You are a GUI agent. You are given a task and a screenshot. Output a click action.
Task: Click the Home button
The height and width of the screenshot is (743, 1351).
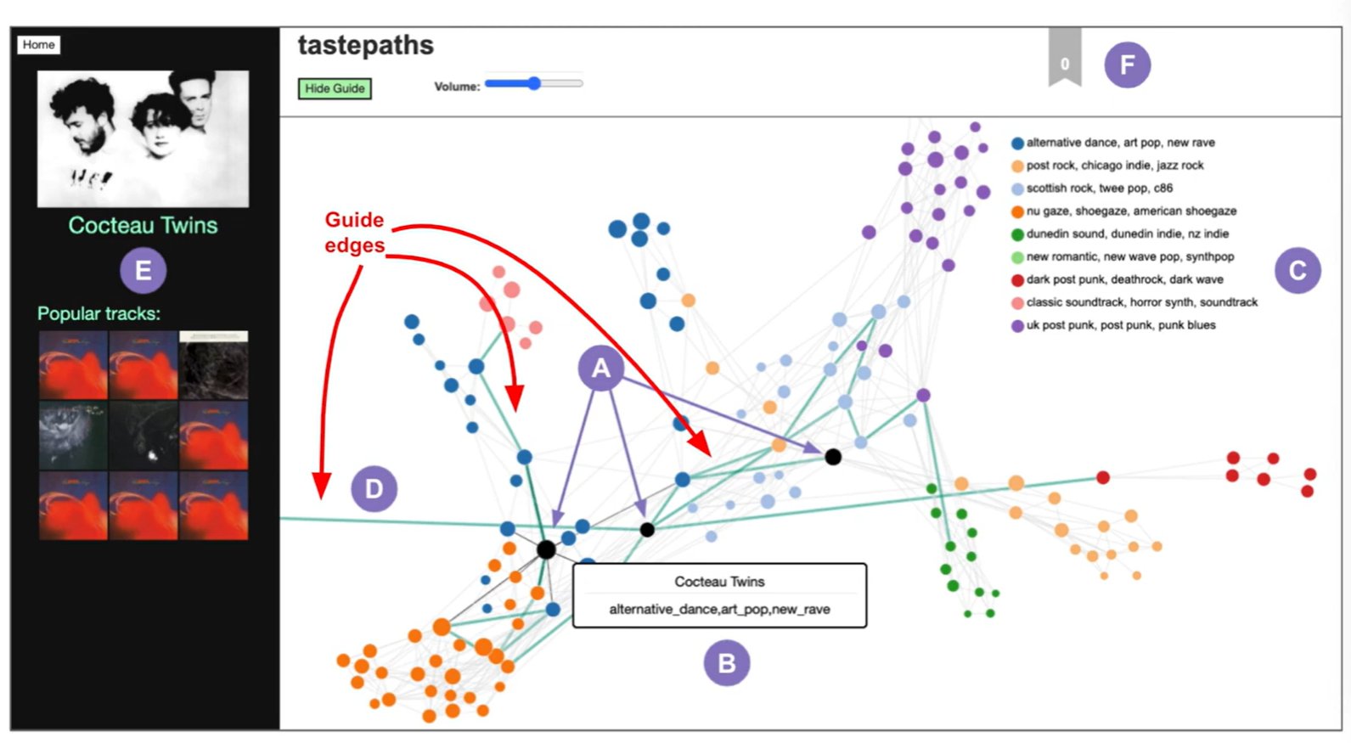38,45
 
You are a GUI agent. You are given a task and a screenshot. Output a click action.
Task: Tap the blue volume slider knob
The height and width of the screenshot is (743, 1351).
533,83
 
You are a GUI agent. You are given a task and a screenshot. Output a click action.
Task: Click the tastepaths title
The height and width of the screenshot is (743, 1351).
365,46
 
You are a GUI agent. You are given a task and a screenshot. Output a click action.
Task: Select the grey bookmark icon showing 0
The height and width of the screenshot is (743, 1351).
1065,59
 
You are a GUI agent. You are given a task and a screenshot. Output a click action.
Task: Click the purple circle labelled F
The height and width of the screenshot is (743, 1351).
1127,65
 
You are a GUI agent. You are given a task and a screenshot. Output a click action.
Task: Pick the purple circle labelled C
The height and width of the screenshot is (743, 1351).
1297,271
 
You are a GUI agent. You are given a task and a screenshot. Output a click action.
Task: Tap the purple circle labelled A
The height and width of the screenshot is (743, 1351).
600,369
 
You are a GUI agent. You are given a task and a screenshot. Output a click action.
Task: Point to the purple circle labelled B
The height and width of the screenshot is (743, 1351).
726,663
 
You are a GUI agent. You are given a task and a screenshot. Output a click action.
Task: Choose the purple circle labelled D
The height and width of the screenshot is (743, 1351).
374,489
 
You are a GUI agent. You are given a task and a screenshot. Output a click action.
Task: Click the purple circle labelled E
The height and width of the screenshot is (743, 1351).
143,271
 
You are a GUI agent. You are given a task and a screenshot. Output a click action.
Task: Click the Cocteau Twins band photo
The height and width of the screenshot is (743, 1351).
143,138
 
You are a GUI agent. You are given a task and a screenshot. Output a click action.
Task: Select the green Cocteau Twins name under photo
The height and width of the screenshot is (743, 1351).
143,226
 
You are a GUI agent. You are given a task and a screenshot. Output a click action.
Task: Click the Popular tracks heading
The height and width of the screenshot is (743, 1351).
99,314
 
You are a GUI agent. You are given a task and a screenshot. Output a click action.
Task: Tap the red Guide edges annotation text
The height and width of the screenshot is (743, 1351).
354,233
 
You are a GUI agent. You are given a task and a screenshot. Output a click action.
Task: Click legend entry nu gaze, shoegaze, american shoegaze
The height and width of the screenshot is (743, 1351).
1130,211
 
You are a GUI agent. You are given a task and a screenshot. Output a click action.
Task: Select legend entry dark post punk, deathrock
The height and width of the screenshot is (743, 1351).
1123,279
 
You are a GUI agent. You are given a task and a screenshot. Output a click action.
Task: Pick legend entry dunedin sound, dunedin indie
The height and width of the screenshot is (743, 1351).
1127,234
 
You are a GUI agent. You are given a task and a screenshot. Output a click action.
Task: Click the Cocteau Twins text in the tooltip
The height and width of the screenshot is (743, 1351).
719,582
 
